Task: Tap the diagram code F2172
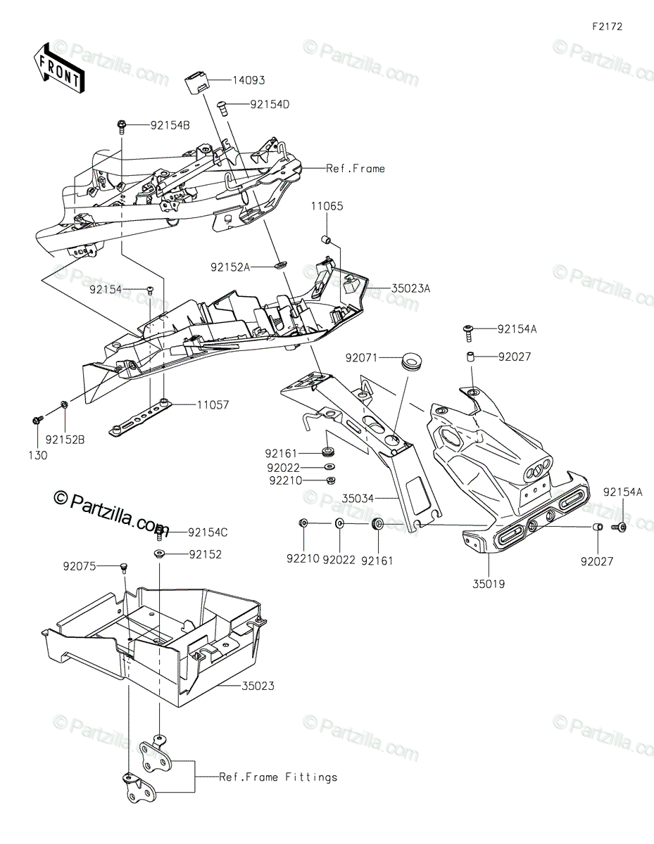click(x=607, y=27)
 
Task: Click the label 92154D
click(x=270, y=105)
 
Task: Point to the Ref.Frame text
click(x=356, y=169)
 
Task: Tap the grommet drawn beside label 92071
click(x=411, y=362)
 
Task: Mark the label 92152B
click(x=65, y=440)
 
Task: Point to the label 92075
click(x=80, y=565)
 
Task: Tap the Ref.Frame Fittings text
click(x=278, y=777)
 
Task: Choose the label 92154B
click(x=170, y=125)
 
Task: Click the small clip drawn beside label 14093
click(x=198, y=82)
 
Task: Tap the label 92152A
click(x=229, y=267)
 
